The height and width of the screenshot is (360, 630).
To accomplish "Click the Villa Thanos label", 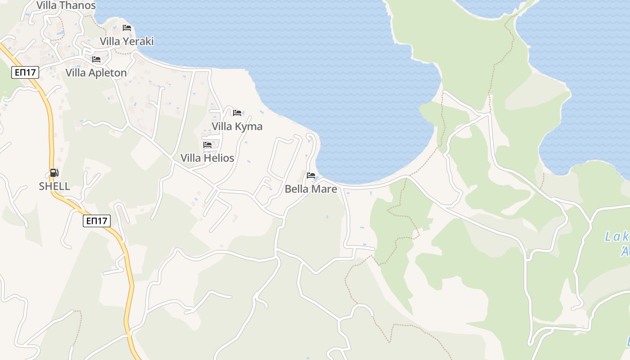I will [66, 5].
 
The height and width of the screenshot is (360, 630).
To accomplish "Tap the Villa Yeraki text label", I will [127, 41].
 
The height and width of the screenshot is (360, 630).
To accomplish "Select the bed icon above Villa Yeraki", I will [127, 28].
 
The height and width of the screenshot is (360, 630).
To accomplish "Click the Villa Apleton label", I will [96, 73].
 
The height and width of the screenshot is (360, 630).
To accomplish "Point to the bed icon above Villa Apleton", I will [96, 59].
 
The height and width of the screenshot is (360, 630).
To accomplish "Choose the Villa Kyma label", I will [237, 126].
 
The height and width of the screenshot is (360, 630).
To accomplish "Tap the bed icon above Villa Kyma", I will [237, 112].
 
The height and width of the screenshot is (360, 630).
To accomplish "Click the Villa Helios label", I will [207, 158].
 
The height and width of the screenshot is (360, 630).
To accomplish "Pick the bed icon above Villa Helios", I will [207, 144].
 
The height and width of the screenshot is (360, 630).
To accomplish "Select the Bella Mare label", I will [311, 189].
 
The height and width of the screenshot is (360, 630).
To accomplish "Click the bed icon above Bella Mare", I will [311, 175].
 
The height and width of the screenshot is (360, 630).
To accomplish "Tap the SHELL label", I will [54, 186].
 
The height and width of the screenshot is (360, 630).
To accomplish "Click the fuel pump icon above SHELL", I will [54, 173].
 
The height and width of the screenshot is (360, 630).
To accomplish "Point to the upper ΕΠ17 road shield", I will [26, 72].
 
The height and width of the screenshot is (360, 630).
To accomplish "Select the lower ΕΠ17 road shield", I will [97, 220].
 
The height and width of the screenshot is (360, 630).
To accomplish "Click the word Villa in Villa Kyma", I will [222, 126].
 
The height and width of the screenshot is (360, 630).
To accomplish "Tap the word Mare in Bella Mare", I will [324, 189].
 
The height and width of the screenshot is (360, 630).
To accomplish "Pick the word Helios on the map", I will [219, 158].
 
